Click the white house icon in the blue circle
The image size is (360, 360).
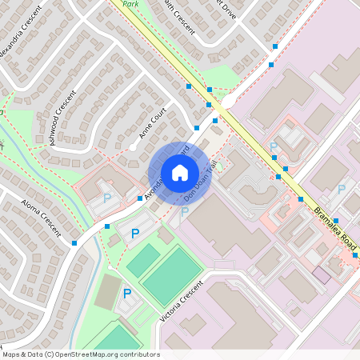[x=180, y=172]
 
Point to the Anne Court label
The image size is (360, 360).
[x=152, y=122]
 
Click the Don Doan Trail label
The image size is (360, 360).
[x=202, y=182]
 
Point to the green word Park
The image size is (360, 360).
[x=131, y=3]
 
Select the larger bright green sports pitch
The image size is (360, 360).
[x=171, y=275]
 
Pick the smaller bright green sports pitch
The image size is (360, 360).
[x=144, y=260]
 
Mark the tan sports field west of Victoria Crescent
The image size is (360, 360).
[x=108, y=291]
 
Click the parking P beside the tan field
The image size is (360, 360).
[x=126, y=294]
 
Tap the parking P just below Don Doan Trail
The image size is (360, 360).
[x=184, y=212]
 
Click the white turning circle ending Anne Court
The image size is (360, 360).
[x=133, y=147]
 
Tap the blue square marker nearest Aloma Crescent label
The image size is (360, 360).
[x=74, y=242]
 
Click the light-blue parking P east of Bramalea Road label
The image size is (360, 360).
[x=341, y=190]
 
